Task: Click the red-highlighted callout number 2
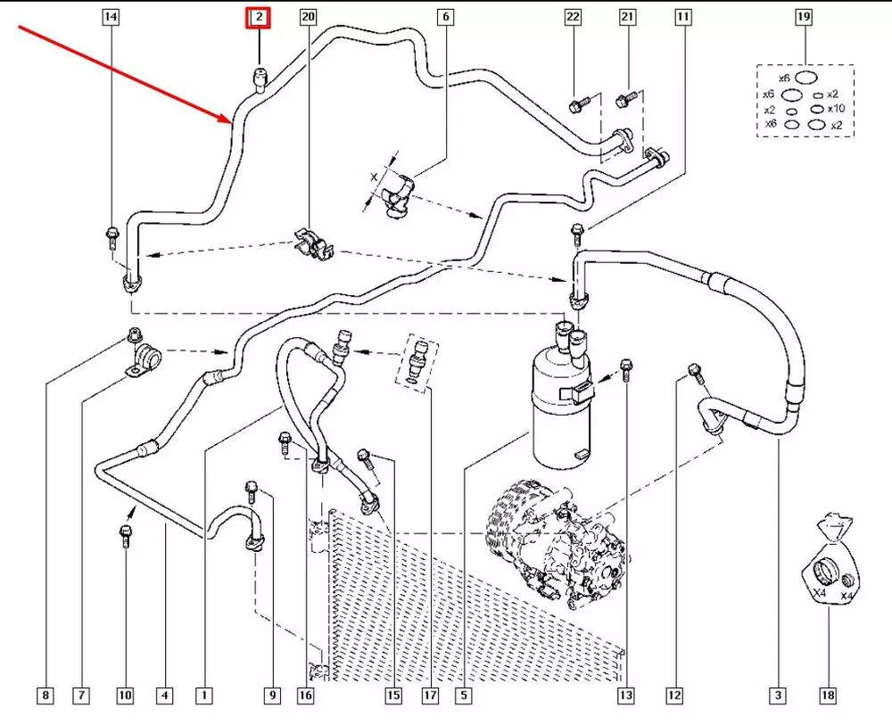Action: pyautogui.click(x=258, y=17)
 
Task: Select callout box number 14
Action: pyautogui.click(x=111, y=17)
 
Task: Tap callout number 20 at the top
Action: pyautogui.click(x=308, y=17)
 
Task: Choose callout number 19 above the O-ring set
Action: pyautogui.click(x=804, y=17)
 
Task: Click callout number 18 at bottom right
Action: pyautogui.click(x=829, y=695)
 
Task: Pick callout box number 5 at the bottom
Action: pyautogui.click(x=465, y=695)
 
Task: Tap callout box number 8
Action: pyautogui.click(x=46, y=695)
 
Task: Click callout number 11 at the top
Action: pyautogui.click(x=683, y=17)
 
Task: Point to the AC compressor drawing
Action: pyautogui.click(x=553, y=544)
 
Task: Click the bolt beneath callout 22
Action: pyautogui.click(x=575, y=105)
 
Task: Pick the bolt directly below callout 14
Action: pyautogui.click(x=111, y=237)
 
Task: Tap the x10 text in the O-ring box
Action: pyautogui.click(x=836, y=109)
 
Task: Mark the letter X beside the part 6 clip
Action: pyautogui.click(x=373, y=179)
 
